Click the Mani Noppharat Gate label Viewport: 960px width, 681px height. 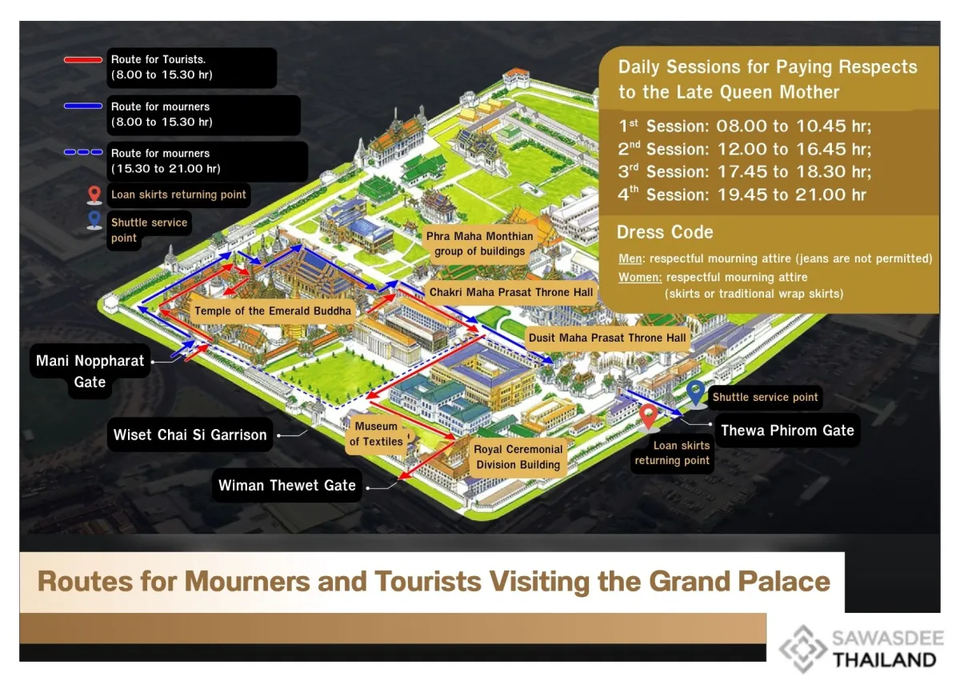tap(90, 371)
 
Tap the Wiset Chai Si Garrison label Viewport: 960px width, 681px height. tap(190, 435)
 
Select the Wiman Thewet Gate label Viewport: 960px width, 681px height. tap(287, 485)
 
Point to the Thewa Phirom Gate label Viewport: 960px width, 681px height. tap(787, 431)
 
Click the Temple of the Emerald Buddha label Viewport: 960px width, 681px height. tap(273, 310)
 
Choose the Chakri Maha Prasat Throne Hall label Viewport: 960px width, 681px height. tap(511, 292)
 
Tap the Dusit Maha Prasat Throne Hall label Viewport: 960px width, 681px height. tap(607, 338)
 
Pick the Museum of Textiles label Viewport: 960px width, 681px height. tap(376, 434)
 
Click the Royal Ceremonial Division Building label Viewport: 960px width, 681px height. tap(518, 457)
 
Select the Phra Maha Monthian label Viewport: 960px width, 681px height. tap(479, 244)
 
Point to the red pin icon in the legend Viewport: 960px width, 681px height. tap(94, 194)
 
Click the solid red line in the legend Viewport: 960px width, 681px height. tap(83, 59)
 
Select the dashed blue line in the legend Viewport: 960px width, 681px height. tap(83, 152)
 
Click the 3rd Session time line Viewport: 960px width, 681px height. tap(744, 171)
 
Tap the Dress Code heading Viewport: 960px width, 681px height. tap(665, 233)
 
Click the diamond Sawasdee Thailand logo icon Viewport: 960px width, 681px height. tap(802, 649)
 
